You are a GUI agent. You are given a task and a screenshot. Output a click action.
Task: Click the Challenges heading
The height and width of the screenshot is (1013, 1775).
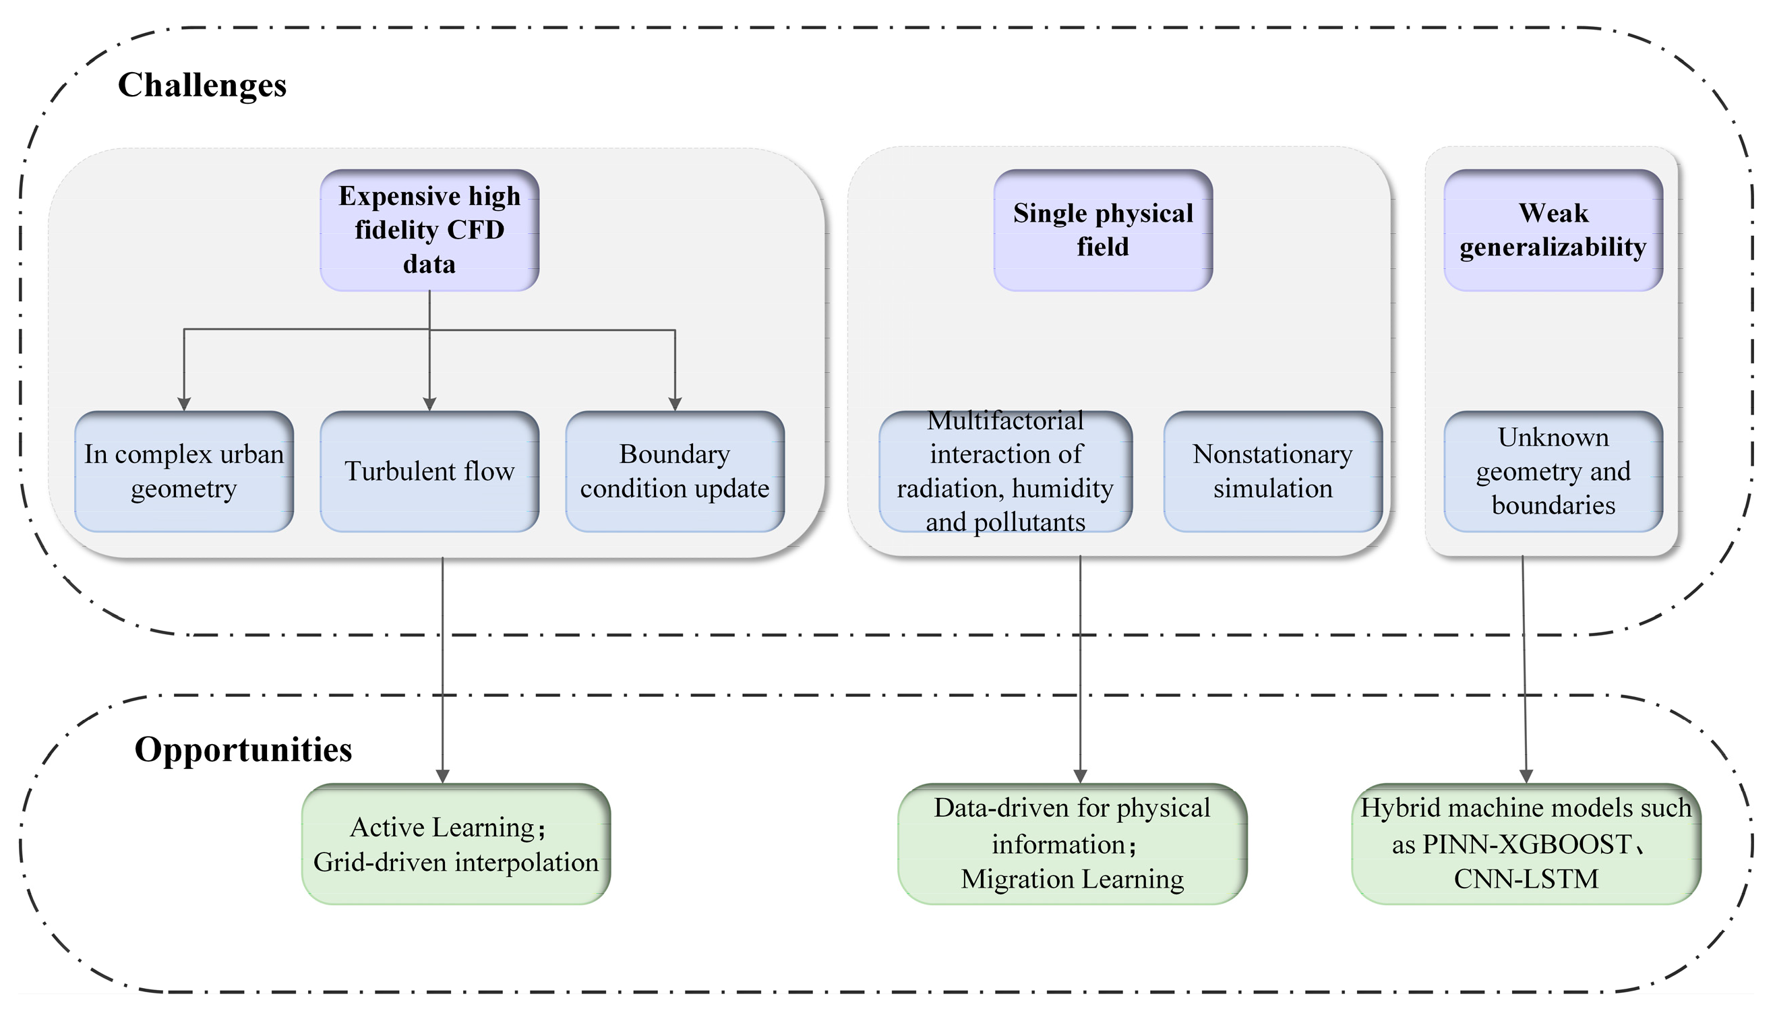(x=202, y=85)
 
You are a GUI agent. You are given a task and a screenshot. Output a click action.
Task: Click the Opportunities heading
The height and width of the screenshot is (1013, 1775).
(x=243, y=750)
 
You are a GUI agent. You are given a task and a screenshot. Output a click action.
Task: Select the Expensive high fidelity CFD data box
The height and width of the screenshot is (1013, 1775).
(x=429, y=231)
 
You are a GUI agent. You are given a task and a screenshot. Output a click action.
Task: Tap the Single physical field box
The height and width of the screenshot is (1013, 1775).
(x=1103, y=231)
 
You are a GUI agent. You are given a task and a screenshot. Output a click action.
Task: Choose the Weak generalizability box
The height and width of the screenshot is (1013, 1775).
(x=1553, y=231)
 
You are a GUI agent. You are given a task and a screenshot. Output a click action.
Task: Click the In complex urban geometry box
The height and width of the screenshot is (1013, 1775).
(x=183, y=472)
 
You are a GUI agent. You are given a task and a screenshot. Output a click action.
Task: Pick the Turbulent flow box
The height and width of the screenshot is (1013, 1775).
(x=429, y=472)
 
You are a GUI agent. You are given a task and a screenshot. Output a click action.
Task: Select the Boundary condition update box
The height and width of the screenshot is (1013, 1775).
(x=674, y=472)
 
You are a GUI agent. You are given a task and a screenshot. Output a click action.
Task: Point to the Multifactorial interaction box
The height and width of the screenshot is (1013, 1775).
(x=1004, y=472)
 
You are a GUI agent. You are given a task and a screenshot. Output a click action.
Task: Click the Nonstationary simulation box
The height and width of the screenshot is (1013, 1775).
(x=1273, y=472)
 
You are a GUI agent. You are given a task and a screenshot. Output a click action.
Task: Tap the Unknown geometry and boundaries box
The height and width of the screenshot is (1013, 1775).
(x=1553, y=472)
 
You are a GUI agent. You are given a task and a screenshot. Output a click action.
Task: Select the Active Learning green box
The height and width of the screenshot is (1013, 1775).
(x=456, y=844)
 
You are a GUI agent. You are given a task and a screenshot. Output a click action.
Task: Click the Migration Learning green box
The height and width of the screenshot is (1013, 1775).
(x=1073, y=844)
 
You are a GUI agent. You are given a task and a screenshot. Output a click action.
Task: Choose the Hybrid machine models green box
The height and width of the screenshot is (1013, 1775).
(x=1526, y=844)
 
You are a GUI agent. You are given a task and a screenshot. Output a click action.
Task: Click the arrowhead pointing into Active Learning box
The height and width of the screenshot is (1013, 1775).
(x=442, y=776)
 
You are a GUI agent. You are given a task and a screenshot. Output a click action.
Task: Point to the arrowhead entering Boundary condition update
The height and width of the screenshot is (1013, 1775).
(x=674, y=404)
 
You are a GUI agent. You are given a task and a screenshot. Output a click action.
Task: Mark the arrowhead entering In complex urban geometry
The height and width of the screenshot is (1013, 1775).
(x=183, y=404)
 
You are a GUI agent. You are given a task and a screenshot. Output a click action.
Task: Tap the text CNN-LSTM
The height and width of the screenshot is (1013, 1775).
(x=1526, y=880)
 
